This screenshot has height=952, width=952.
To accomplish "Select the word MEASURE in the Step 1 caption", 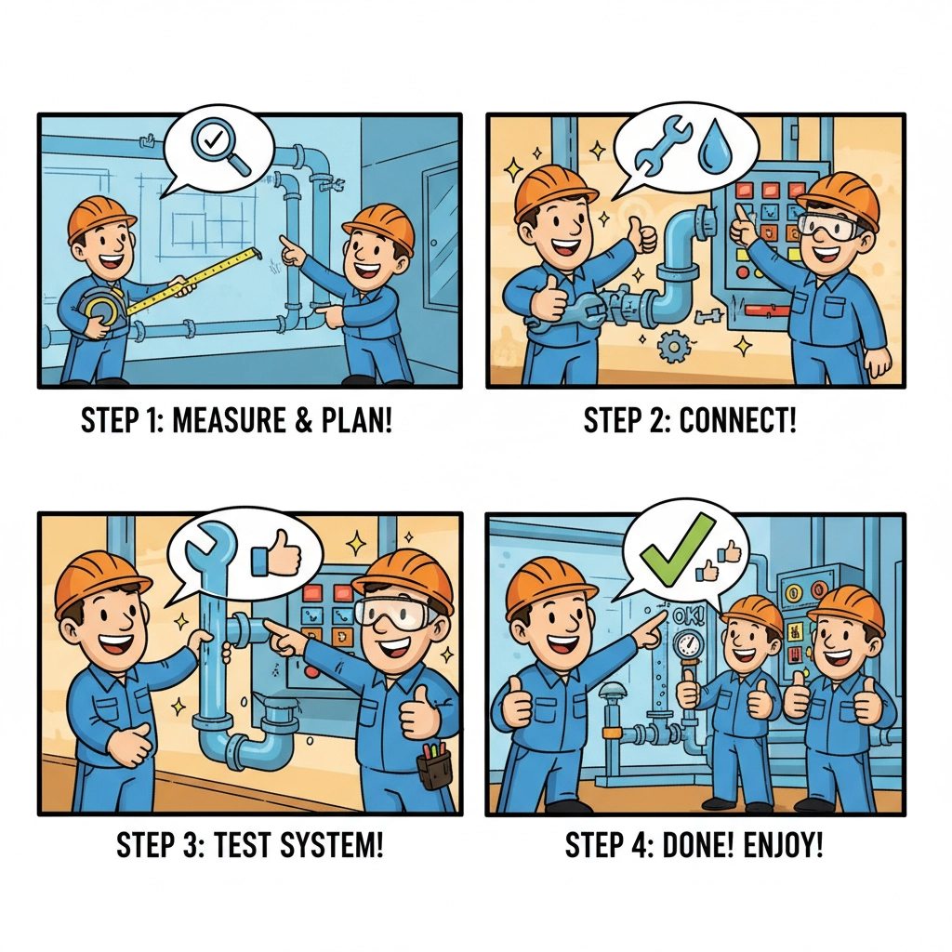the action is (x=229, y=420).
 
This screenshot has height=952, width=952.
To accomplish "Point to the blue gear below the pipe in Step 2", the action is (x=673, y=346).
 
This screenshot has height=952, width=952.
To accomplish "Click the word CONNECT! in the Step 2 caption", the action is (x=737, y=420).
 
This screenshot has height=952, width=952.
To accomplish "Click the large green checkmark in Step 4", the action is (x=678, y=549).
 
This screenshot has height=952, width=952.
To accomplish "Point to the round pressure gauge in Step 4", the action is (x=687, y=645).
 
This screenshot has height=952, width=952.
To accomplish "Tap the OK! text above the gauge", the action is (x=689, y=617).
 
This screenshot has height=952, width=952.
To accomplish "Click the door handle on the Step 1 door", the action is (x=433, y=243).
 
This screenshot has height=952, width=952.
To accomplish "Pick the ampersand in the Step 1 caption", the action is (x=303, y=420).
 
